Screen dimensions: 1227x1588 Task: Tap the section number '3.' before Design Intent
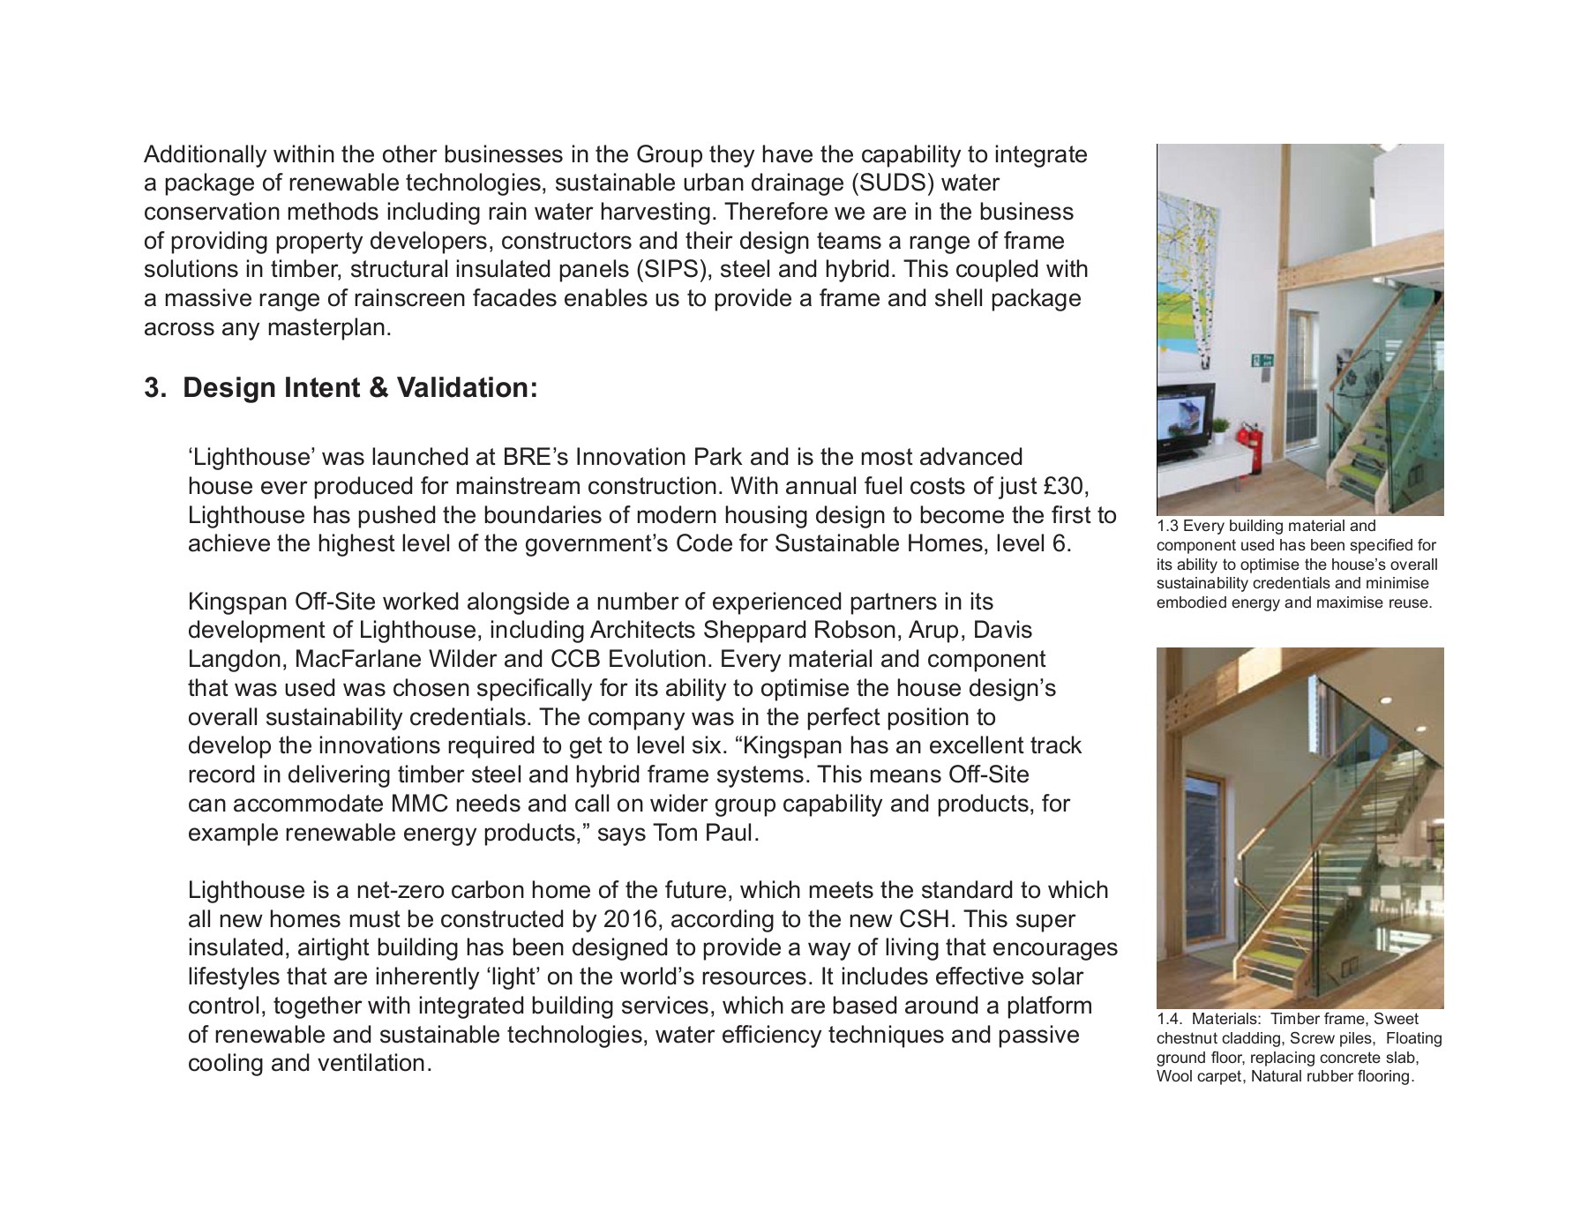tap(155, 388)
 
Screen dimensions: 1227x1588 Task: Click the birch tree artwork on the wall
tap(1188, 265)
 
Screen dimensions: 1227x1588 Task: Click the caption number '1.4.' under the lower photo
tap(1170, 1020)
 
